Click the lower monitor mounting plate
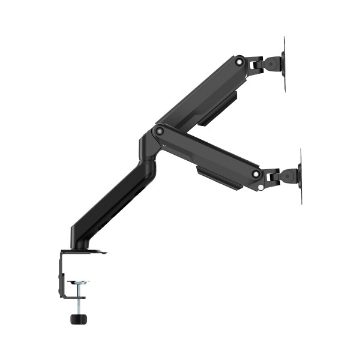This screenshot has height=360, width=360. click(300, 176)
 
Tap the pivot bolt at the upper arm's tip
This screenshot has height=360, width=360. click(240, 60)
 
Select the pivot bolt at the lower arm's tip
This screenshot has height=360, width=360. click(256, 174)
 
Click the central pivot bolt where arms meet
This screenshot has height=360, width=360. click(159, 130)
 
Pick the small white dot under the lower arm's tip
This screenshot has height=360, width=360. click(261, 187)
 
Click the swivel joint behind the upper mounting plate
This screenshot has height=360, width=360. click(272, 62)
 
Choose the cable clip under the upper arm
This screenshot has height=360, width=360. click(218, 108)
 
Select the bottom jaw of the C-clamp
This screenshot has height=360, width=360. click(72, 295)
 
